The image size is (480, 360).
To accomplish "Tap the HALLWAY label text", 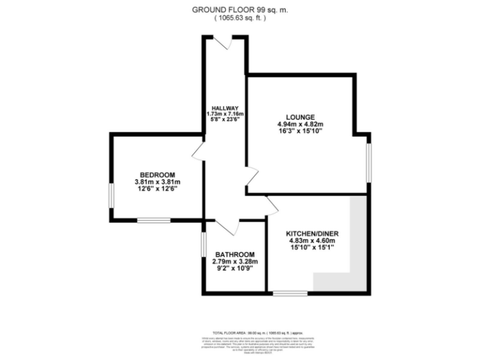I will pyautogui.click(x=224, y=107).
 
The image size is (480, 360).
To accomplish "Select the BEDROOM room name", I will pyautogui.click(x=157, y=174).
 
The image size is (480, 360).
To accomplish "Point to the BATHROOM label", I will pyautogui.click(x=235, y=254).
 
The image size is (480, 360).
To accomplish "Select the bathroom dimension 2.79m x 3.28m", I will pyautogui.click(x=235, y=262).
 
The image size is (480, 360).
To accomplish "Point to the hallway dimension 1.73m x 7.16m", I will pyautogui.click(x=224, y=114).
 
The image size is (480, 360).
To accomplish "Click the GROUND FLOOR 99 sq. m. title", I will pyautogui.click(x=240, y=9).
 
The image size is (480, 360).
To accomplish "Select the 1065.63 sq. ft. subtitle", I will pyautogui.click(x=240, y=18).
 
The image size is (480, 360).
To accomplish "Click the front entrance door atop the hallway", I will pyautogui.click(x=223, y=41).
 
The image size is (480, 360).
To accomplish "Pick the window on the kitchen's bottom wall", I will pyautogui.click(x=289, y=293).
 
